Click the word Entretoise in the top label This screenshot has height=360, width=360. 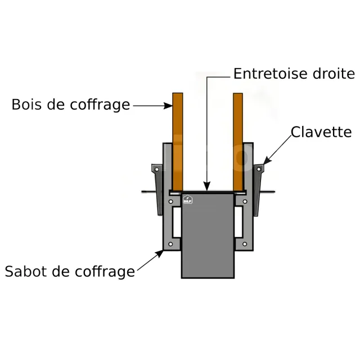(271, 74)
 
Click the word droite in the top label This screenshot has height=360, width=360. (334, 74)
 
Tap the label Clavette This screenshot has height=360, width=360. (321, 132)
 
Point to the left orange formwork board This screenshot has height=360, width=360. (178, 142)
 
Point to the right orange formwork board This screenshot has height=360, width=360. (238, 142)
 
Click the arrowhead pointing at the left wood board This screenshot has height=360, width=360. (168, 106)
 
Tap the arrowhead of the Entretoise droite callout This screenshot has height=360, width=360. (207, 186)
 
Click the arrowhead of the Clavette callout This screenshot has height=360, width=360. (267, 160)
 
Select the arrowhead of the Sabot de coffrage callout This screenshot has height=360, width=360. (159, 254)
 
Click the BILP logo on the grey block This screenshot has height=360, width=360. (188, 199)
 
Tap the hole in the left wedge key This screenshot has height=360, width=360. (157, 169)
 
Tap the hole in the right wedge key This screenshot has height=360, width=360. (259, 169)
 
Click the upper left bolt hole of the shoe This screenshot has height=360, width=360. (171, 201)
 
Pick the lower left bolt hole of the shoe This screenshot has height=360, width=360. (170, 244)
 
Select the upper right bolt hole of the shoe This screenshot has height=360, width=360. (245, 201)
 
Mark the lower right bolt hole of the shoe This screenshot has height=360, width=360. (245, 244)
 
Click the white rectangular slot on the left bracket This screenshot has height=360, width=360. (176, 222)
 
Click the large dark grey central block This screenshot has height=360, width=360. (208, 236)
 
